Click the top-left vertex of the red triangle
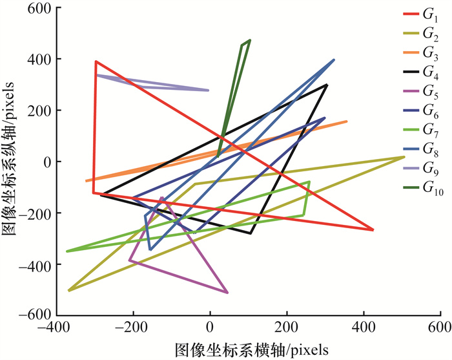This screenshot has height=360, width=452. tap(96, 61)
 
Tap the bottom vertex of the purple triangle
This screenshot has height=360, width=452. tap(227, 293)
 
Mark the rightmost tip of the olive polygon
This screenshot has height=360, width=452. tap(404, 157)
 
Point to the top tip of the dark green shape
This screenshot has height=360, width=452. tap(249, 40)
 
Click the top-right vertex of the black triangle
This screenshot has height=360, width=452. tap(327, 85)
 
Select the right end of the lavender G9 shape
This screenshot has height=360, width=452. tap(208, 90)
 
